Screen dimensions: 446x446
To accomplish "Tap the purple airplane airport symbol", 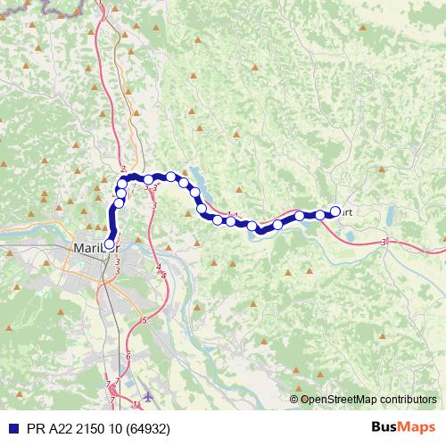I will (148, 396).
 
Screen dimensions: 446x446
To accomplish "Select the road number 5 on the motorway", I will (144, 319).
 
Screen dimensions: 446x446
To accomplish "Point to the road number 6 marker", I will (128, 356).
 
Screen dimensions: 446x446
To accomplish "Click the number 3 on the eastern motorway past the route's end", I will (384, 242).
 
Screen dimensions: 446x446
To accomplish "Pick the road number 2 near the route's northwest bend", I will (122, 169).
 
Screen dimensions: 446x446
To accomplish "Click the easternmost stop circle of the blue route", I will (336, 211).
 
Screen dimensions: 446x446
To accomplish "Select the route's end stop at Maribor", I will (110, 242).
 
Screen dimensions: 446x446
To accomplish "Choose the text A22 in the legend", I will (56, 429).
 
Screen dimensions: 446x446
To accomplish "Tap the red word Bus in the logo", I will (384, 428).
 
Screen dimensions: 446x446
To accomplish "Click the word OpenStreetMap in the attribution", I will (339, 399).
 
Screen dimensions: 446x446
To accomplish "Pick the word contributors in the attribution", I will (407, 399).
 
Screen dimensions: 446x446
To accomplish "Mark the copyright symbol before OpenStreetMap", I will (294, 399).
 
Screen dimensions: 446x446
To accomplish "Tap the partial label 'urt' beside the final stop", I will (348, 212).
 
